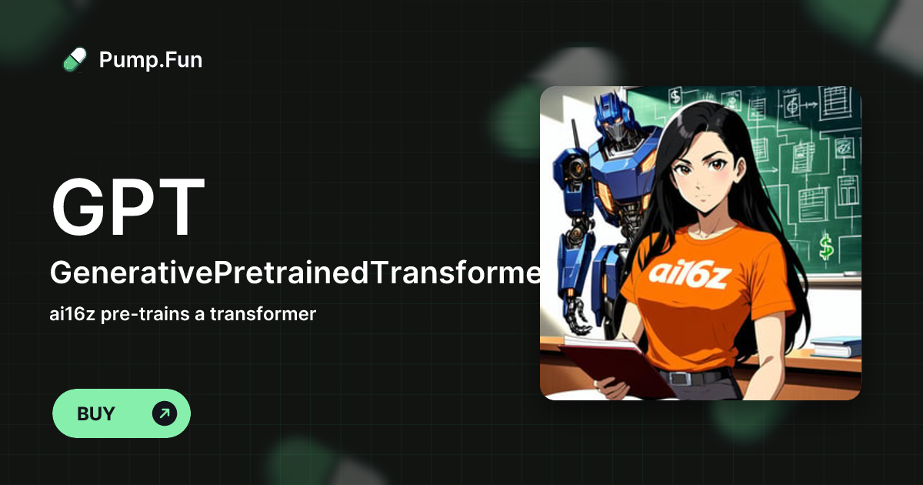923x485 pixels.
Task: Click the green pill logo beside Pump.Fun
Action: pyautogui.click(x=75, y=59)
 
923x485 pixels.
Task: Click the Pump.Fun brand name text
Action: pyautogui.click(x=151, y=59)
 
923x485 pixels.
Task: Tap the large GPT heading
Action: pyautogui.click(x=128, y=207)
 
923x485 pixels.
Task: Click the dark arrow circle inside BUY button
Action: pyautogui.click(x=165, y=413)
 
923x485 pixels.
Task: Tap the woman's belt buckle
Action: pyautogui.click(x=678, y=378)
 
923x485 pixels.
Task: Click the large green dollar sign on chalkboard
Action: pyautogui.click(x=827, y=247)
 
